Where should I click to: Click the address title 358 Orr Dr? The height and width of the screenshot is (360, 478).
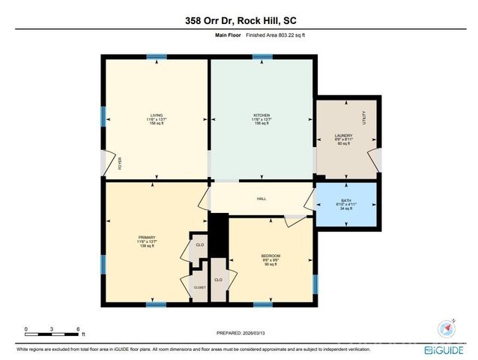tap(238, 21)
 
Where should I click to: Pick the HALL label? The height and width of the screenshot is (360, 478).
tap(261, 198)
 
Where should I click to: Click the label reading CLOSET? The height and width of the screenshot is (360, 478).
tap(199, 286)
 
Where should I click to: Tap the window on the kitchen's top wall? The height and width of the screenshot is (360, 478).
tap(261, 57)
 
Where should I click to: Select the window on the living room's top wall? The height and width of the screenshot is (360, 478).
tap(156, 57)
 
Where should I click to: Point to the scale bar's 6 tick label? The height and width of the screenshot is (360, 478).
tap(78, 329)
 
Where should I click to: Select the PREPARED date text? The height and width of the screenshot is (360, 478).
tap(238, 332)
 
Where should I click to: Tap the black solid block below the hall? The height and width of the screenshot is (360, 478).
tap(217, 234)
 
